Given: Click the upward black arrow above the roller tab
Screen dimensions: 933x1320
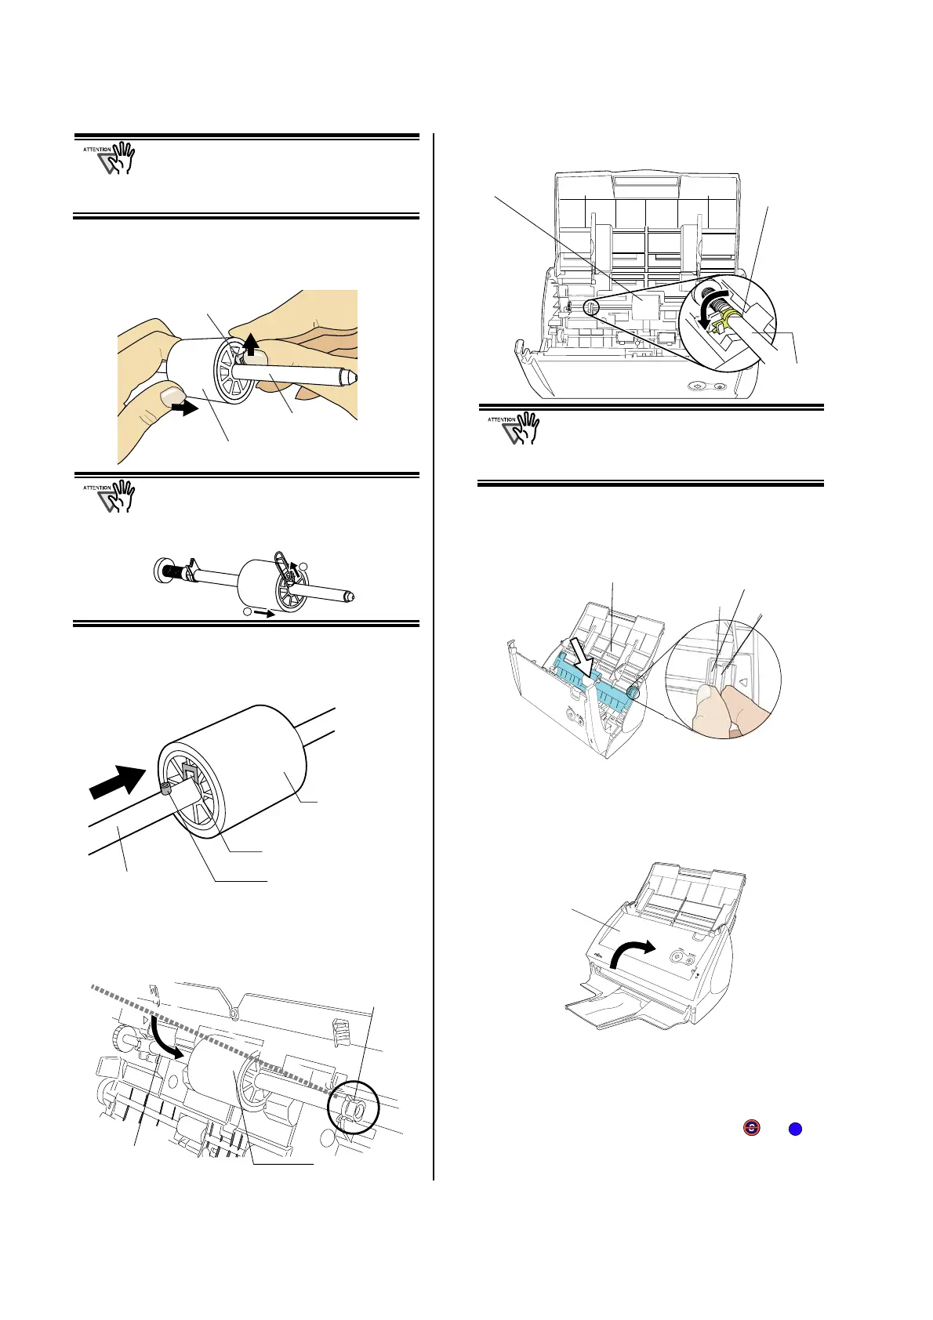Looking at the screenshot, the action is [x=251, y=343].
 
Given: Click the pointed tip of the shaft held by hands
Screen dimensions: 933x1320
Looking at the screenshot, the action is [x=351, y=378].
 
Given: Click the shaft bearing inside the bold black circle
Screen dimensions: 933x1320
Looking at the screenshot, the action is [x=354, y=1109].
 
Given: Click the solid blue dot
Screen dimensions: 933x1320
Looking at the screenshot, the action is [x=794, y=1129].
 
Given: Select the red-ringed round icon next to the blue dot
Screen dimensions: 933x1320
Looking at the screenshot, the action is [x=751, y=1129].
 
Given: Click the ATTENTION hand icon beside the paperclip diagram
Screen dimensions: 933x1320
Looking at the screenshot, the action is [x=110, y=497].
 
